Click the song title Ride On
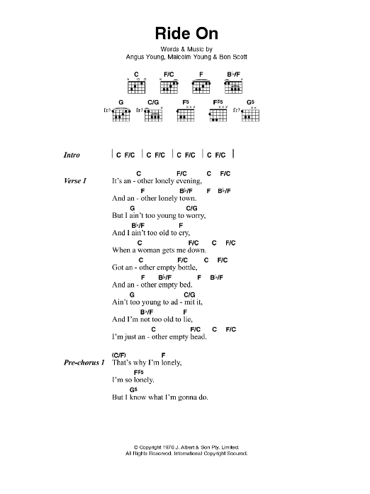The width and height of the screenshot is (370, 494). [x=186, y=33]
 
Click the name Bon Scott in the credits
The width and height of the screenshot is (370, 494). [x=233, y=57]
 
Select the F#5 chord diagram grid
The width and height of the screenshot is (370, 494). [x=218, y=115]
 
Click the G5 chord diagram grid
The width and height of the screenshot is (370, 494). [x=251, y=115]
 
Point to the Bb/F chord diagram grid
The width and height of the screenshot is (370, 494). [x=233, y=87]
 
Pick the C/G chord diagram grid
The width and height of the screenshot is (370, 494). [x=154, y=115]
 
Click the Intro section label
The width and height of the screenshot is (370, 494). [x=72, y=155]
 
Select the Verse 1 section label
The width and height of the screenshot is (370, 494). [x=75, y=181]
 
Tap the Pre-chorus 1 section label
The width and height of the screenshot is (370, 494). [x=84, y=363]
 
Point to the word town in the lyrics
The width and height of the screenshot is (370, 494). [x=188, y=199]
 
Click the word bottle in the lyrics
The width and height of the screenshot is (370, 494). [x=188, y=268]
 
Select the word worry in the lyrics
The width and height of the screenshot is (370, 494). [x=196, y=216]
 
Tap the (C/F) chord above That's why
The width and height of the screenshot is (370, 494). [x=118, y=355]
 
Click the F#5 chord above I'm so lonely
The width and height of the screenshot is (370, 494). [x=139, y=373]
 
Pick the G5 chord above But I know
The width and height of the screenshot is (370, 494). [x=133, y=390]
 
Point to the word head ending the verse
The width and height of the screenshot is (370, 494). [x=198, y=337]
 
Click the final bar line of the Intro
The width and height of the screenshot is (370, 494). [x=233, y=153]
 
